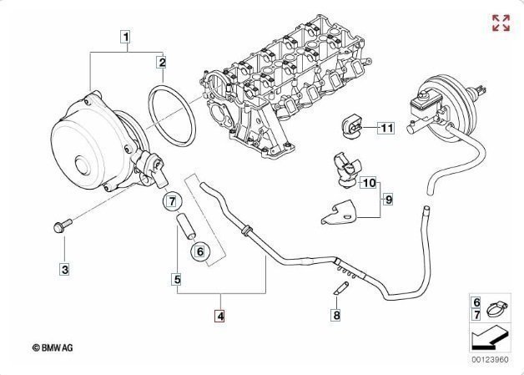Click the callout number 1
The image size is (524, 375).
[125, 37]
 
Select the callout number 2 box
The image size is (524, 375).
[163, 62]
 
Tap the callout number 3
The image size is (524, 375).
[64, 269]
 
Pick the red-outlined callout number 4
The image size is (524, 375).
[219, 317]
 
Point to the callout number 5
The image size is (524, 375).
[178, 279]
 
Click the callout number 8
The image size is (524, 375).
[336, 315]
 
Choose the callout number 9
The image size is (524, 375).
[388, 199]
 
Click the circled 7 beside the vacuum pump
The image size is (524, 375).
[171, 200]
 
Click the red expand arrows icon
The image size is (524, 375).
[501, 23]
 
